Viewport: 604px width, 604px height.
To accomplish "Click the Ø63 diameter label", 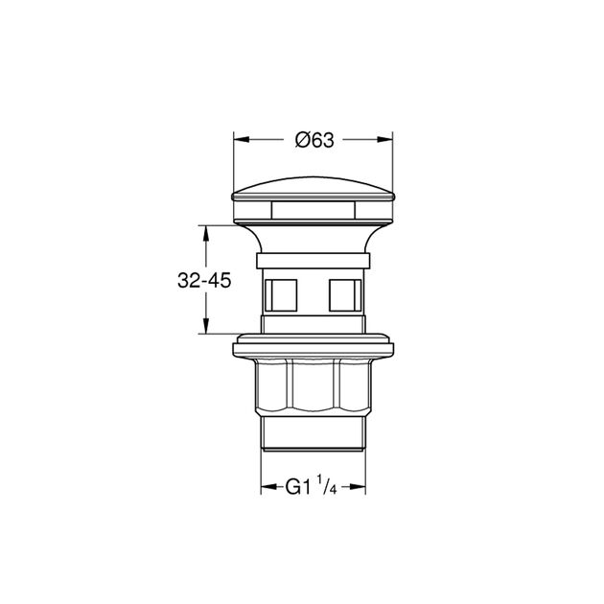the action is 314,140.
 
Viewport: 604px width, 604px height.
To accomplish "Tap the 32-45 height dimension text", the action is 204,280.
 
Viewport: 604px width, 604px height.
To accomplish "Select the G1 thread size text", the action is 298,487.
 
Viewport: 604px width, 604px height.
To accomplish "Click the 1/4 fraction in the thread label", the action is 327,485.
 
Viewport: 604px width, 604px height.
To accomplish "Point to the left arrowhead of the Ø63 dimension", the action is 242,140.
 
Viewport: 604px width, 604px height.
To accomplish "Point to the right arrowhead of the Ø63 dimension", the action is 384,140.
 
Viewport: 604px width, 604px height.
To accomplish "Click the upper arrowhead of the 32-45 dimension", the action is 206,233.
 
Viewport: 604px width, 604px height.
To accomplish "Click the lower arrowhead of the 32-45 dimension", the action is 206,326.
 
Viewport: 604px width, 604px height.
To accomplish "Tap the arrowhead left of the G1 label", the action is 269,487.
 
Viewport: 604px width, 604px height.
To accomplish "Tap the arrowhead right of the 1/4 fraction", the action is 358,487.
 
